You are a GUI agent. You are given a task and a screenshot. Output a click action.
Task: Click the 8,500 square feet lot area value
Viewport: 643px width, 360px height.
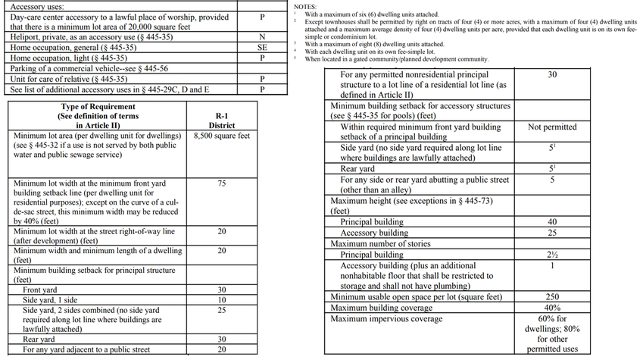coord(222,137)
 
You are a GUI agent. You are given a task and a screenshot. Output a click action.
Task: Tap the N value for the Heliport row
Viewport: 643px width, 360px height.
coord(261,36)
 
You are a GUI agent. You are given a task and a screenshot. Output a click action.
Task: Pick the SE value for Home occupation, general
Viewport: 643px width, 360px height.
coord(261,47)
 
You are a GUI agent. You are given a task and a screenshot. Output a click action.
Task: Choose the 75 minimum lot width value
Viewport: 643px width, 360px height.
coord(221,183)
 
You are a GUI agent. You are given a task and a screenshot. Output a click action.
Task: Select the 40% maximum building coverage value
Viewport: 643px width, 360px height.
coord(552,308)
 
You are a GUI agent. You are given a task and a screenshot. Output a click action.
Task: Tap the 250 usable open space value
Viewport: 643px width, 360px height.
coord(552,297)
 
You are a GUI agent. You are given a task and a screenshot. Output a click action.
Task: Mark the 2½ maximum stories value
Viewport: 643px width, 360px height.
coord(552,255)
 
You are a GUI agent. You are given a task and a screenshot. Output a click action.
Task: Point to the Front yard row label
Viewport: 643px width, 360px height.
coord(40,290)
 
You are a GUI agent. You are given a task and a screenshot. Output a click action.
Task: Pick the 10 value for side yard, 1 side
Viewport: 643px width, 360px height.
coord(221,301)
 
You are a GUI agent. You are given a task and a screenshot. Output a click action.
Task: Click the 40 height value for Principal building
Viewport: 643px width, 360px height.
coord(552,222)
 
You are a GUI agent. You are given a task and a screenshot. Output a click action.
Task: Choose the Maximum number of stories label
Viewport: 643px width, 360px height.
coord(381,244)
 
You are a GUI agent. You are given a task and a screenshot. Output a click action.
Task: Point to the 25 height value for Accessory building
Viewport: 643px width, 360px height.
coord(552,233)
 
